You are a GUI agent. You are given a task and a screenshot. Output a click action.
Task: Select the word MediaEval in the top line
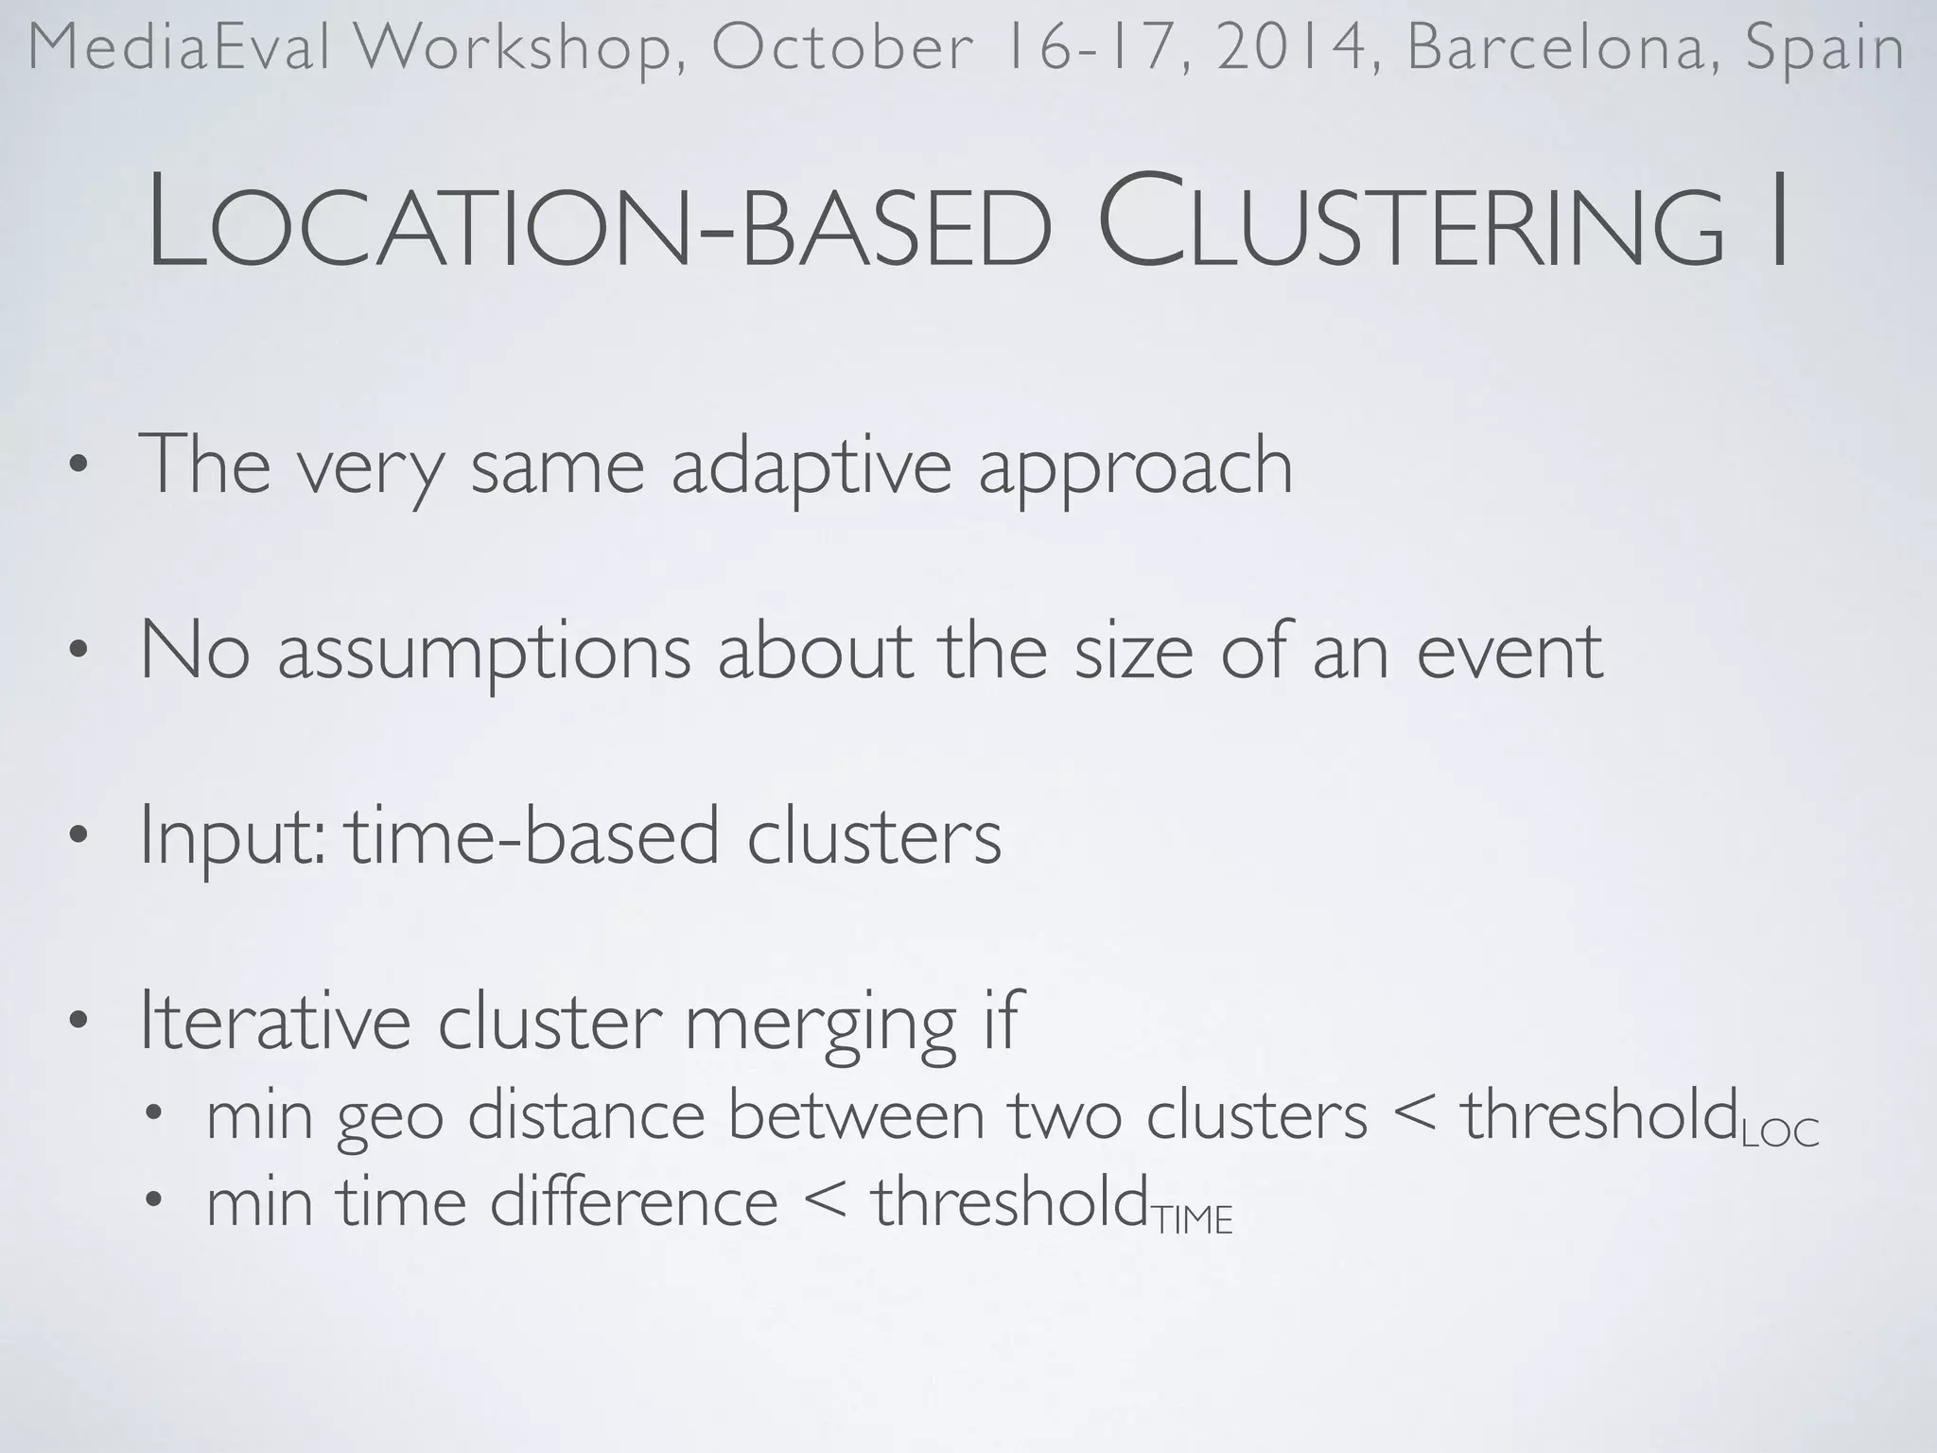(x=180, y=47)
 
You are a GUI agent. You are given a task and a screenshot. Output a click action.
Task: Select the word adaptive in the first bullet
(x=811, y=465)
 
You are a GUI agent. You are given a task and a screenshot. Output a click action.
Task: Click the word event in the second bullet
(x=1509, y=651)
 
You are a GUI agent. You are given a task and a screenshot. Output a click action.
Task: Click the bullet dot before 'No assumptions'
(x=79, y=650)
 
